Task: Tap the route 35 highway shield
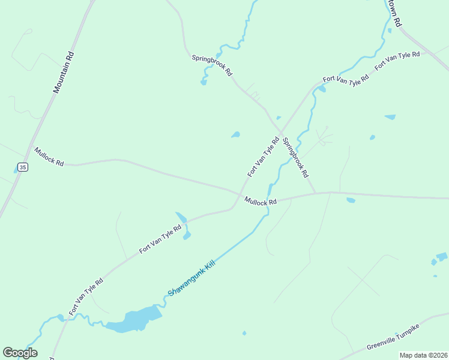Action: [x=22, y=167]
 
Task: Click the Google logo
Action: [x=20, y=353]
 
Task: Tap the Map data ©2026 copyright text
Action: [x=423, y=355]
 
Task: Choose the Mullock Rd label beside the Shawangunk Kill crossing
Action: [x=260, y=202]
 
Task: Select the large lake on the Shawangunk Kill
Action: [x=135, y=320]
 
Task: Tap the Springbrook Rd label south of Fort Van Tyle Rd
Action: [x=295, y=157]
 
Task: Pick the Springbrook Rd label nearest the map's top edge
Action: [x=212, y=65]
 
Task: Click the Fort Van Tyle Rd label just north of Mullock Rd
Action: [x=264, y=157]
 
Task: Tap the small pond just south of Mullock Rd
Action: [x=351, y=200]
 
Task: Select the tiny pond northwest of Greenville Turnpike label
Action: [x=244, y=333]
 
